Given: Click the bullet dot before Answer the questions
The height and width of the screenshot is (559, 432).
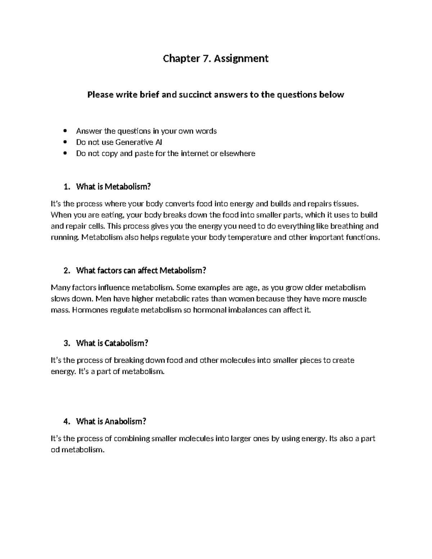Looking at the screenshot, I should click(x=65, y=131).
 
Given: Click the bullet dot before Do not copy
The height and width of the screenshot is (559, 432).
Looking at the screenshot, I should click(x=65, y=153).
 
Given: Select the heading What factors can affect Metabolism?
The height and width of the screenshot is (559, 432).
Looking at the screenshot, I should click(x=141, y=270).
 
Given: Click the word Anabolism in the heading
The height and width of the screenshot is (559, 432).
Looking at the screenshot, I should click(x=125, y=421).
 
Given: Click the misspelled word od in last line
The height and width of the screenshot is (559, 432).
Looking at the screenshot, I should click(x=55, y=450).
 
